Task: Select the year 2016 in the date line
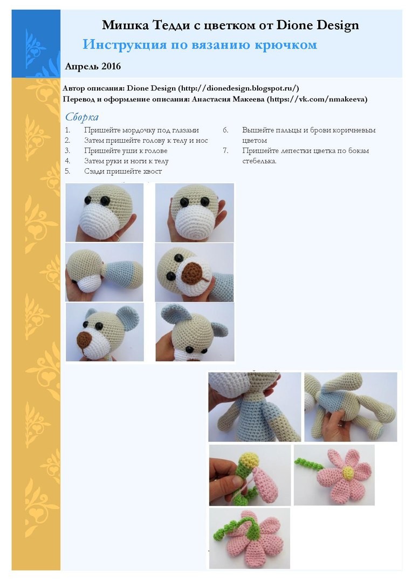(x=111, y=66)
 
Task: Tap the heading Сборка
(x=82, y=117)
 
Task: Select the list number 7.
(x=225, y=151)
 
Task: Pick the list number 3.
(x=67, y=151)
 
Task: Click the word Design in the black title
(x=338, y=25)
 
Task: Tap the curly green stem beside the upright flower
(x=308, y=465)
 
